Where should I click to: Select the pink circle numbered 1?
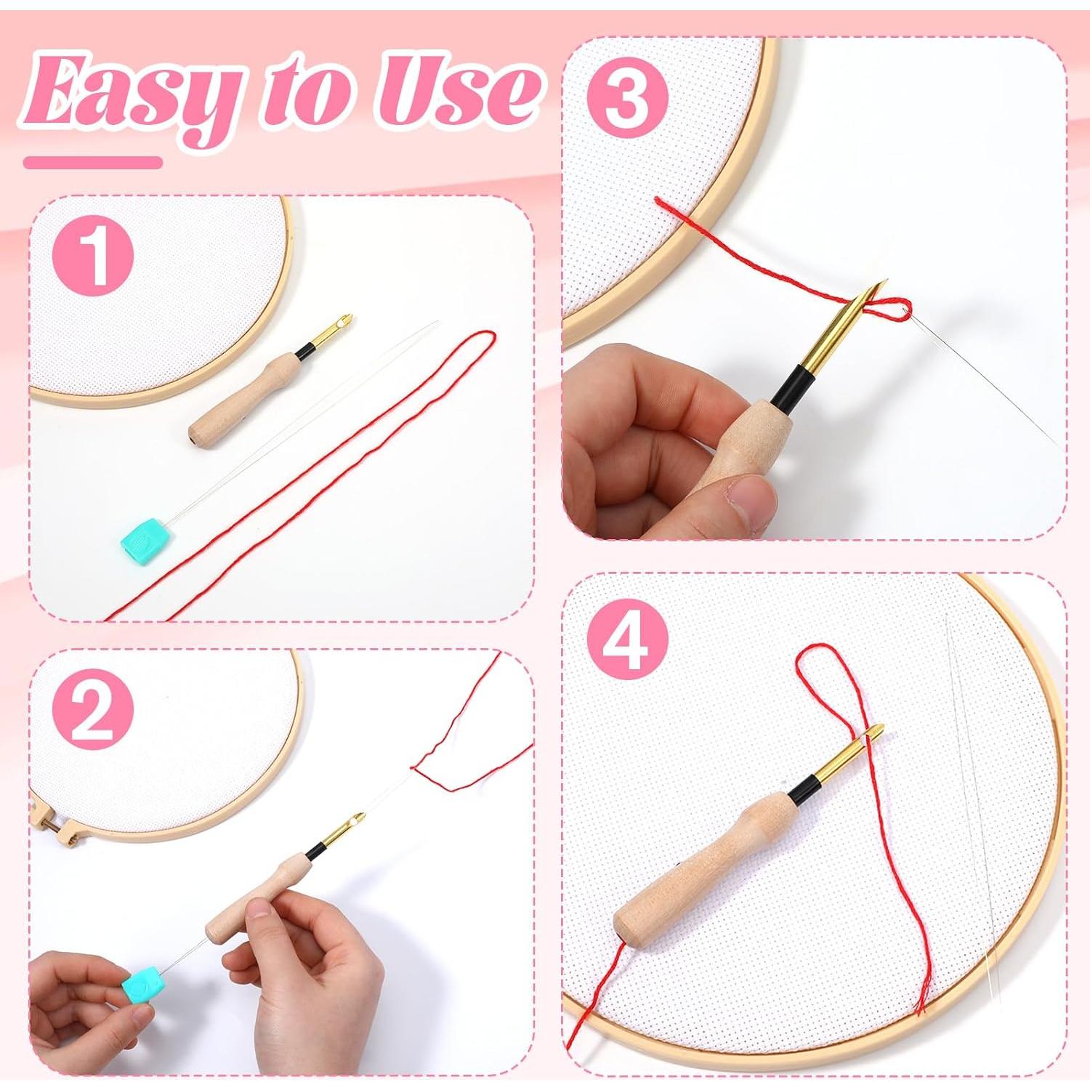click(93, 257)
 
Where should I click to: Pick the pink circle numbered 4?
click(626, 639)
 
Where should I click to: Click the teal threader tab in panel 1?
click(143, 534)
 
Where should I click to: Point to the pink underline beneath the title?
click(92, 162)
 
